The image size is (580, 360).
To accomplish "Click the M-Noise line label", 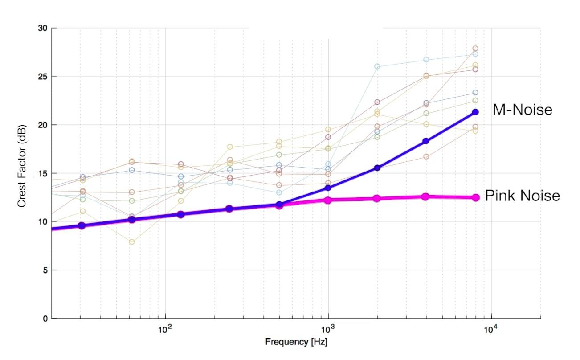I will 522,110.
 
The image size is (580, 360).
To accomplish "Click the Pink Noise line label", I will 522,196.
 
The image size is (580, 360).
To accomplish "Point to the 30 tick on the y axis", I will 43,28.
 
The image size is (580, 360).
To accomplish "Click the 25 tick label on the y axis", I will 43,77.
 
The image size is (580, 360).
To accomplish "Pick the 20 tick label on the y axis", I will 43,125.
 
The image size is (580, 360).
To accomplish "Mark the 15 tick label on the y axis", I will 43,173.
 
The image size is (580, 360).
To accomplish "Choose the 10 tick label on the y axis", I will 43,222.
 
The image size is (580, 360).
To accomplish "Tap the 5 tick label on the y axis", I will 45,270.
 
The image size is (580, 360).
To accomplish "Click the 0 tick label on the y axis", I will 45,319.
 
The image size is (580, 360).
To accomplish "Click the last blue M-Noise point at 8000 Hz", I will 475,112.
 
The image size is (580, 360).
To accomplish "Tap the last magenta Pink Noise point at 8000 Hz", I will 475,197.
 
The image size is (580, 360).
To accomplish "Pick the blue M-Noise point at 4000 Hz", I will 426,141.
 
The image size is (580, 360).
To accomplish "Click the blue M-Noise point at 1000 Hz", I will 328,188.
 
